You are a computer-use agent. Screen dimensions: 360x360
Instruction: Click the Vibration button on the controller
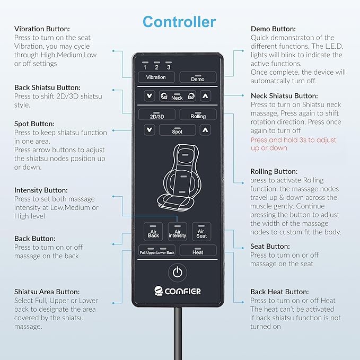pos(156,77)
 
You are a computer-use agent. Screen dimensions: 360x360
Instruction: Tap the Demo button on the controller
pos(198,77)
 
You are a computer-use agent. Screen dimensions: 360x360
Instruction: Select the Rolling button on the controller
pos(198,115)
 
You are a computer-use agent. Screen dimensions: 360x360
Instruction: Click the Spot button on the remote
pos(177,130)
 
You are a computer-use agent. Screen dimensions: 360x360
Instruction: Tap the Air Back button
pos(153,231)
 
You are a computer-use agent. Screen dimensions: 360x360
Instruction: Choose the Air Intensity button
pos(177,231)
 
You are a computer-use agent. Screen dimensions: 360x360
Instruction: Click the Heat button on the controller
pos(198,250)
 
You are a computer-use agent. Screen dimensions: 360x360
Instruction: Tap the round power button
pos(178,273)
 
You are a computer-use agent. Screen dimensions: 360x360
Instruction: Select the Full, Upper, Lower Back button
pos(157,250)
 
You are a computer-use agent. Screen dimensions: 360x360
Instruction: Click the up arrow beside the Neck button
pos(205,96)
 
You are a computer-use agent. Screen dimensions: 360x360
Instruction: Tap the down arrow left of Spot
pos(149,130)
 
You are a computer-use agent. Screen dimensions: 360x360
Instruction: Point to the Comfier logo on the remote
pos(177,291)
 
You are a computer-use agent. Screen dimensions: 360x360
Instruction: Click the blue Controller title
pos(179,22)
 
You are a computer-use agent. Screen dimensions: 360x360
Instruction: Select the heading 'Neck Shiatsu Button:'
pos(284,96)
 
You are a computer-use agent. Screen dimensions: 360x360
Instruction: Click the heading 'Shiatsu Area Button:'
pos(47,292)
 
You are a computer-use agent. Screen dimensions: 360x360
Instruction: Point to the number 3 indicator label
pos(169,67)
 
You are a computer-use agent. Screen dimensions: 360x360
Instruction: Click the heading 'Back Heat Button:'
pos(279,292)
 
